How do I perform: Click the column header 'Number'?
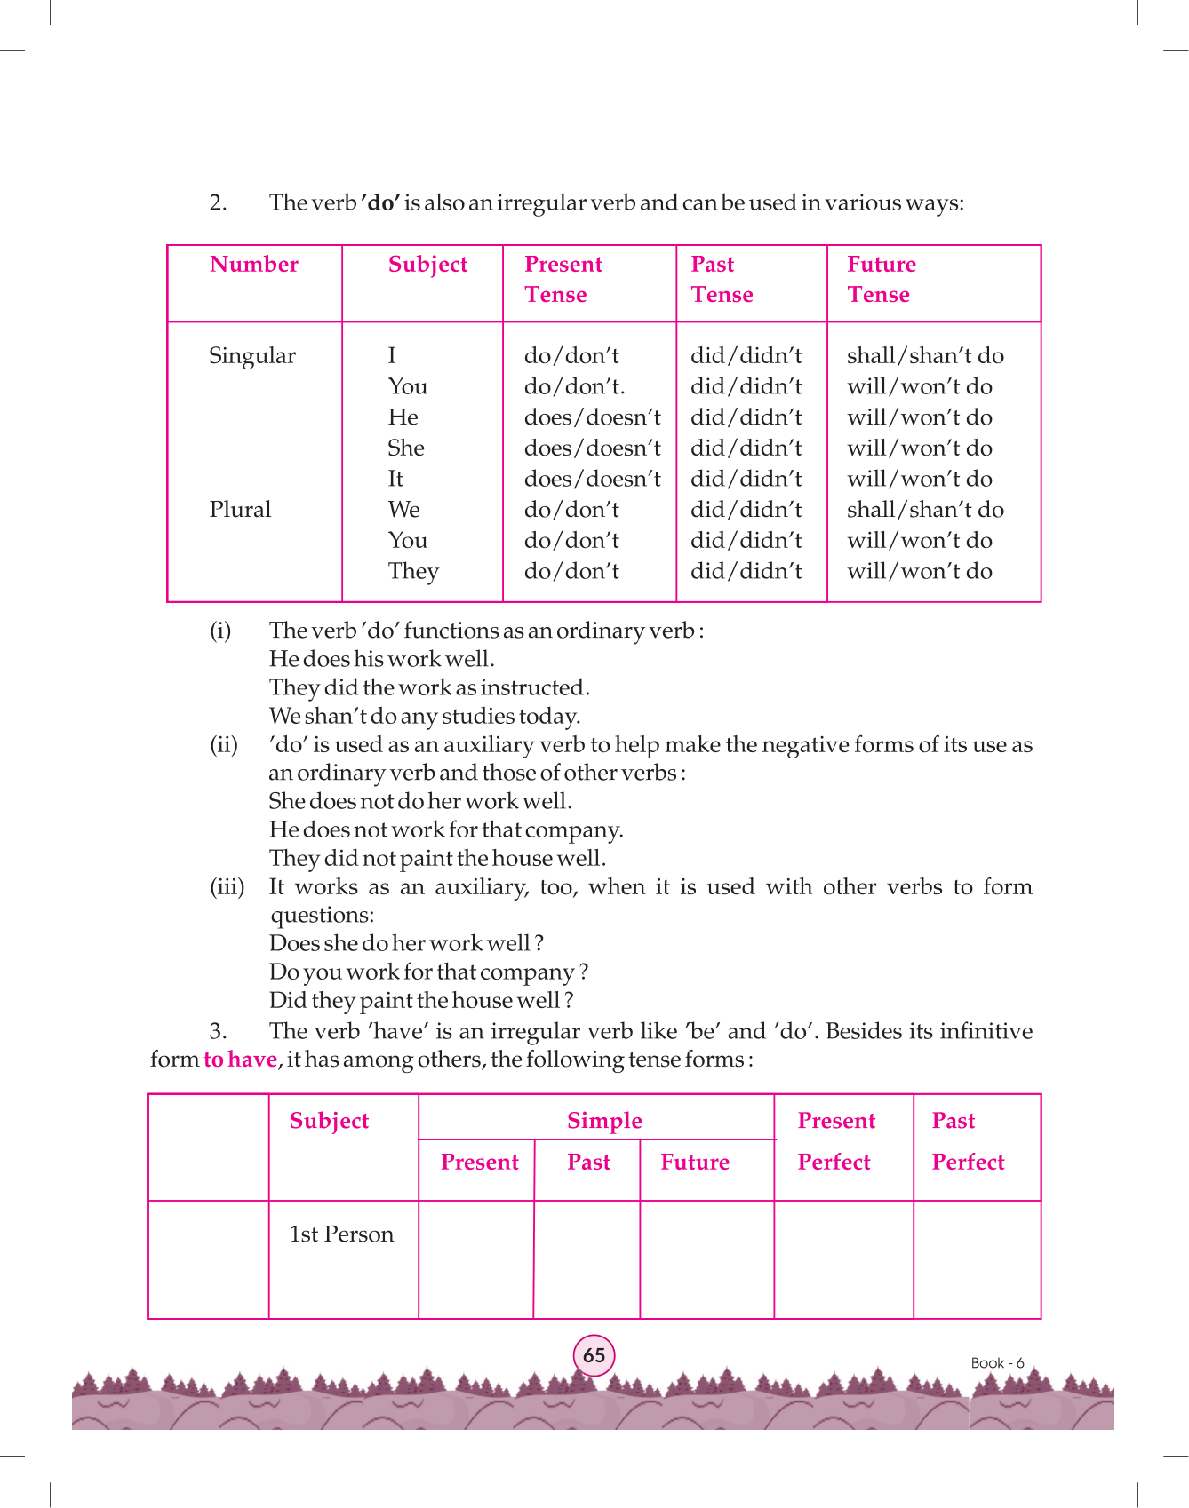[254, 265]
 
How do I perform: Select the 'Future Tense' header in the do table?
[881, 279]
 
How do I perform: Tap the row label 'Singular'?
[252, 356]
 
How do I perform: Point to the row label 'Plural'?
[240, 510]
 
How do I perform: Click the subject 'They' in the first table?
[413, 571]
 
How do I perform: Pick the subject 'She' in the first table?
[406, 448]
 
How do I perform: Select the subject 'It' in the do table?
[395, 479]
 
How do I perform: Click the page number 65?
[594, 1355]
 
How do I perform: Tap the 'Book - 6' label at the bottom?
[997, 1362]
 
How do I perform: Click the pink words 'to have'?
[240, 1060]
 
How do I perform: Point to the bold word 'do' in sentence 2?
[380, 203]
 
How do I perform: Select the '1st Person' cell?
[341, 1234]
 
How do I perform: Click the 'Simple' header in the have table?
[604, 1121]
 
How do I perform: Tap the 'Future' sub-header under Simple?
[695, 1163]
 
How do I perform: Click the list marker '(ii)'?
[224, 744]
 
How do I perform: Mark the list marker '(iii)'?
[227, 886]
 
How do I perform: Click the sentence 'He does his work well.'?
[382, 659]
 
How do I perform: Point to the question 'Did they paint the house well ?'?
[421, 1001]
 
